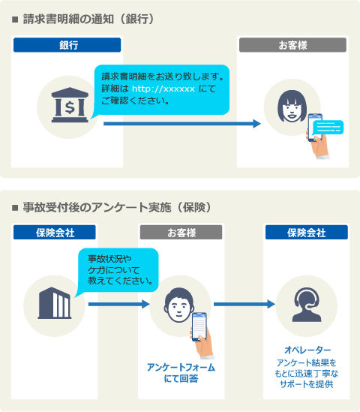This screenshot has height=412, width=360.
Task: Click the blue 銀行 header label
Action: [x=67, y=45]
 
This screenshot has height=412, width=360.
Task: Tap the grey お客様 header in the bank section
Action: [x=292, y=45]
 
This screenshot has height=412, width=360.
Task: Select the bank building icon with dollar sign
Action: [x=70, y=105]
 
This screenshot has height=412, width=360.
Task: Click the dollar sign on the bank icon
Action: [x=70, y=107]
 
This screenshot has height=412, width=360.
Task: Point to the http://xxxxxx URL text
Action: [x=163, y=89]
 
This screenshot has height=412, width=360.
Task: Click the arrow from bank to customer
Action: [x=182, y=124]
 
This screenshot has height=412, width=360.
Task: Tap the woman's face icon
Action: [x=292, y=106]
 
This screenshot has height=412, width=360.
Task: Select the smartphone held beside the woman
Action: [x=314, y=128]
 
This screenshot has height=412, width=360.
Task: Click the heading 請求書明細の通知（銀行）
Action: [x=88, y=20]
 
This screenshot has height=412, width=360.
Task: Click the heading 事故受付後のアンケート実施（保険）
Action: [x=117, y=207]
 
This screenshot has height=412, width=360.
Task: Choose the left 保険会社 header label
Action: [x=55, y=233]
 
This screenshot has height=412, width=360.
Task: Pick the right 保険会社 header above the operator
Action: [x=307, y=233]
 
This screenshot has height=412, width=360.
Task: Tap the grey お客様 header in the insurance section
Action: [x=181, y=233]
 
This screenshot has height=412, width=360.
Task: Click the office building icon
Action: [x=55, y=303]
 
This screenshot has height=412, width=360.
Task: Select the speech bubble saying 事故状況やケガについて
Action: [x=118, y=271]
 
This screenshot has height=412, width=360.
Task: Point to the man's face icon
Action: [x=179, y=305]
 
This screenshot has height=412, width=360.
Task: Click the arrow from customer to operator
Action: [x=244, y=304]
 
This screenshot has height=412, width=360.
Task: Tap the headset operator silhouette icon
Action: [x=307, y=305]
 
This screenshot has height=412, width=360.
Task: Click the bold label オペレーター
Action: [x=307, y=350]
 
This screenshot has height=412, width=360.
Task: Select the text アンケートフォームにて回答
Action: [x=181, y=373]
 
